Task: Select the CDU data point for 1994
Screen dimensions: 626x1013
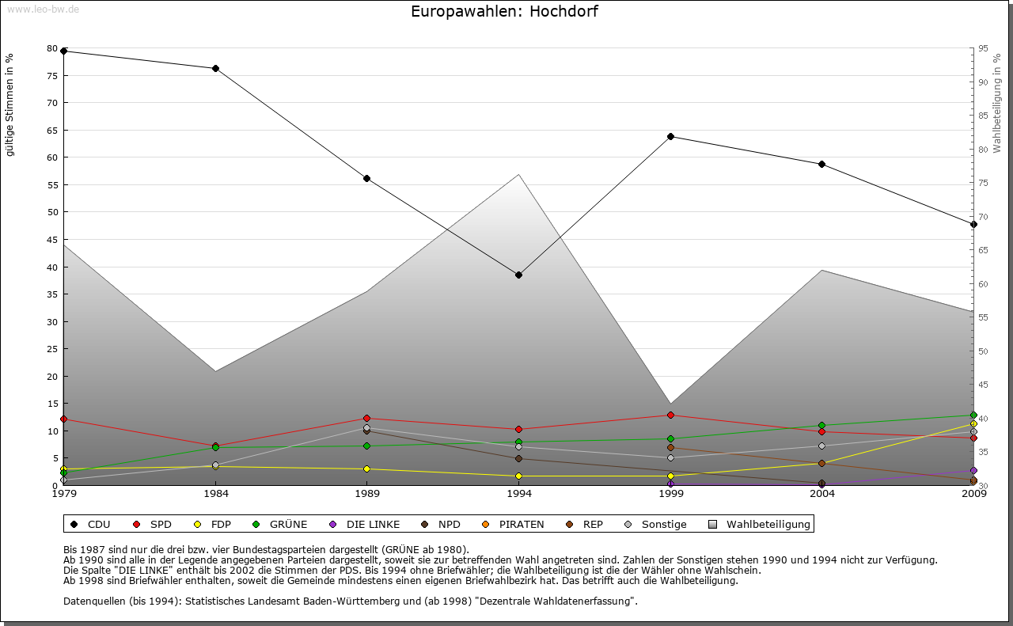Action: click(x=518, y=275)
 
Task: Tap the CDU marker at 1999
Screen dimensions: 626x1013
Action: click(x=670, y=136)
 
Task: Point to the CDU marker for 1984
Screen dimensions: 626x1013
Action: click(x=215, y=68)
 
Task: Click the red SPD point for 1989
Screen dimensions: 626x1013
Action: click(x=366, y=418)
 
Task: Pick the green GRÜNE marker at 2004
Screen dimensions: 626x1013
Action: click(x=821, y=425)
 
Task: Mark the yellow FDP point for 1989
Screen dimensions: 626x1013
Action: click(x=366, y=469)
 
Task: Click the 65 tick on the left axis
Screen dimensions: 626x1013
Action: click(x=52, y=130)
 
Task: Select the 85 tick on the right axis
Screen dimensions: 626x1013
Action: click(x=982, y=116)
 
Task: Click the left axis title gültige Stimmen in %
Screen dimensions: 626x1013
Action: click(x=10, y=104)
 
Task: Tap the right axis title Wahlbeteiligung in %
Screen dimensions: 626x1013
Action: click(x=997, y=103)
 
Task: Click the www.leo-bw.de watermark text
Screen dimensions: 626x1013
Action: click(x=42, y=9)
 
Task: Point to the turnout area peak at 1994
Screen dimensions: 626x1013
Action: click(x=518, y=175)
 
